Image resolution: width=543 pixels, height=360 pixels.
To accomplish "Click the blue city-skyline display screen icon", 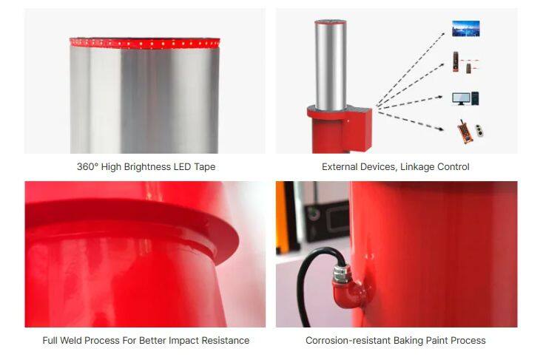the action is tap(466, 29).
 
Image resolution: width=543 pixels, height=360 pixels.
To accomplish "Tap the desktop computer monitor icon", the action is tap(461, 98).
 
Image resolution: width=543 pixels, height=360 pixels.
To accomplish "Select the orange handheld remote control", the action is tap(465, 131).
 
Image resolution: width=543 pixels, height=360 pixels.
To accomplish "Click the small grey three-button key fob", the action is tap(479, 131).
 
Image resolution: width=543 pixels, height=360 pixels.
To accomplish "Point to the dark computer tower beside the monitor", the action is tap(475, 98).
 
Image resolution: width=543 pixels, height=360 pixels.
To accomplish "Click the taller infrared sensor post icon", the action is tap(456, 62).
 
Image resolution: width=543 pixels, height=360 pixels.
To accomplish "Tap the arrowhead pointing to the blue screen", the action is tap(442, 34).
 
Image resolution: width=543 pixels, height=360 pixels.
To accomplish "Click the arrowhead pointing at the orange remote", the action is tap(441, 129).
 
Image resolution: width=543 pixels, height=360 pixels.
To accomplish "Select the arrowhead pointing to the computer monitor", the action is tap(440, 97).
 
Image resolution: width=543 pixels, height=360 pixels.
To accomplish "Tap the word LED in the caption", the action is tap(182, 167).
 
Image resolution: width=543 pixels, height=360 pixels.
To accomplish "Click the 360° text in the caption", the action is tap(87, 167).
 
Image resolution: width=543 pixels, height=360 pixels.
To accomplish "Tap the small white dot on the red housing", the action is tap(348, 120).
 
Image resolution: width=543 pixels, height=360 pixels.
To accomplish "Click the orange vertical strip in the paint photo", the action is tap(283, 217).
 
